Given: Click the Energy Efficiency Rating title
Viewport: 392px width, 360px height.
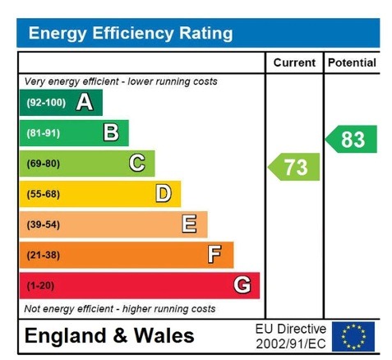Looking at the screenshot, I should click(x=130, y=34).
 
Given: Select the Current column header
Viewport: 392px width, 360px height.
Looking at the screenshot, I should click(x=294, y=62).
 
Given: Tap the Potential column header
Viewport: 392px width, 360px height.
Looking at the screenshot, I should click(x=352, y=62).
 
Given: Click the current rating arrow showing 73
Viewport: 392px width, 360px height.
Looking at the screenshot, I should click(x=294, y=167).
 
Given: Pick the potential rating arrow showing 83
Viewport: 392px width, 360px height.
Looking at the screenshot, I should click(x=352, y=139).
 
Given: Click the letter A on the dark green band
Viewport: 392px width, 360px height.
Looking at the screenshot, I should click(x=84, y=103).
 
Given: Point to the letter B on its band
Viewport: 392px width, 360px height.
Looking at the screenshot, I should click(x=110, y=133).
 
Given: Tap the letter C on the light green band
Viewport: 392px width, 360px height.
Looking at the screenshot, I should click(x=136, y=164).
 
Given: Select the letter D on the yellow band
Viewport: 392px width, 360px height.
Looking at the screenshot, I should click(x=163, y=194).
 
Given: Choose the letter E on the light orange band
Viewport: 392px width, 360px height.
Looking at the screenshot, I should click(x=189, y=224).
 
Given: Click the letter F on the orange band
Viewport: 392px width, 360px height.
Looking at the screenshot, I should click(x=214, y=255).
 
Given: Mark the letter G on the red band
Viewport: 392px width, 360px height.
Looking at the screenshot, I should click(x=242, y=285).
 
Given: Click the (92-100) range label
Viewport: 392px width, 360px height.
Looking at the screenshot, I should click(x=45, y=103).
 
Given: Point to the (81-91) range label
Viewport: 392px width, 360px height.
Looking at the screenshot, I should click(x=44, y=133).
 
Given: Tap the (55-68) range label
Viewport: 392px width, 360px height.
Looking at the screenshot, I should click(x=44, y=194).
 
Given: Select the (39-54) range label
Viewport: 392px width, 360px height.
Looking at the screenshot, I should click(x=44, y=224).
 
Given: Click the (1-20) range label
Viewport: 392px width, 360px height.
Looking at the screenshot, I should click(x=41, y=285).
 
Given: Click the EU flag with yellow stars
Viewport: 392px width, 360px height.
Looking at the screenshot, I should click(x=353, y=336).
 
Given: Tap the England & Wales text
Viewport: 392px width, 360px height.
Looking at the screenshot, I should click(x=109, y=336).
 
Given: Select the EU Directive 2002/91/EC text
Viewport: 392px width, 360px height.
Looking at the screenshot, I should click(x=290, y=336).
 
